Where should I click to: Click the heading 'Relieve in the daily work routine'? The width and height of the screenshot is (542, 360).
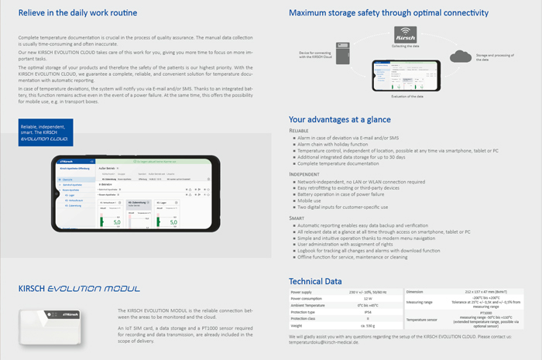click(x=77, y=13)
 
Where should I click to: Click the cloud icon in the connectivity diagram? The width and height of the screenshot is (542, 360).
click(x=461, y=56)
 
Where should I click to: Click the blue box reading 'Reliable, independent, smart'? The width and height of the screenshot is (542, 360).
click(x=45, y=132)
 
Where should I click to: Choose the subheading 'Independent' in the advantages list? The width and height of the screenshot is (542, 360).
click(x=304, y=174)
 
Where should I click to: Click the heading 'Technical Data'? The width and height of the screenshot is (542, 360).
click(x=315, y=280)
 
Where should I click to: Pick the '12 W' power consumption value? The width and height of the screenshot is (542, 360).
click(x=368, y=298)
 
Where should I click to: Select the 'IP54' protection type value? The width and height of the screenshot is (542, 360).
click(x=368, y=312)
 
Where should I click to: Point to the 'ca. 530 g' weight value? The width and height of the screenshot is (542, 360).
click(x=368, y=325)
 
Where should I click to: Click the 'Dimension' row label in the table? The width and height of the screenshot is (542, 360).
click(x=414, y=291)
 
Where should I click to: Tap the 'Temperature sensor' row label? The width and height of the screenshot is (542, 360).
click(x=422, y=319)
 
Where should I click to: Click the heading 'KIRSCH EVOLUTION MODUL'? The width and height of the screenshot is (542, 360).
click(x=79, y=288)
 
